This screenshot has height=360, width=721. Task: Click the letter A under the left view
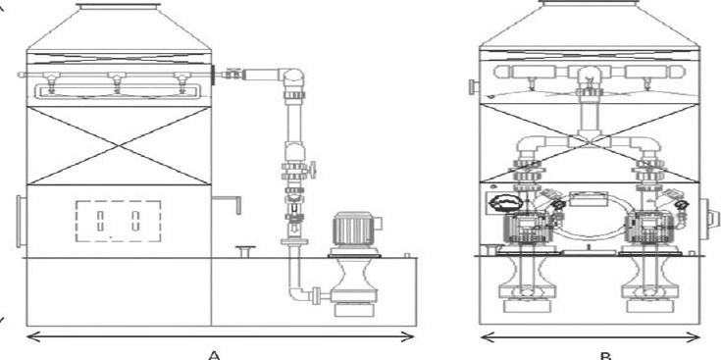pos(214,354)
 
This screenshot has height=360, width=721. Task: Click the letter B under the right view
pos(606,356)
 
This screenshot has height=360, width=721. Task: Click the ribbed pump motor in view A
pos(354,230)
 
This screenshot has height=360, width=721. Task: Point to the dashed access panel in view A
pos(118,221)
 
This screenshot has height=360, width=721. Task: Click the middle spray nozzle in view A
pos(117,80)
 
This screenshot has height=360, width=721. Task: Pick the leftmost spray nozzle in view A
pos(51,81)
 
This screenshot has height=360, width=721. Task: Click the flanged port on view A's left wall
pos(22,221)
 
